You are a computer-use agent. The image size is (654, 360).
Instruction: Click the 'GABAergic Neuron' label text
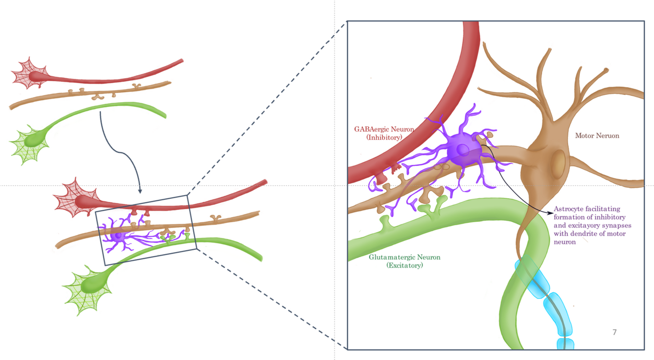click(x=384, y=129)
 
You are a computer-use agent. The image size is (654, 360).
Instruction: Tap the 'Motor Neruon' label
click(x=597, y=136)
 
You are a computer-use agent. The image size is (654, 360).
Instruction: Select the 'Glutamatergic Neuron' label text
click(x=405, y=257)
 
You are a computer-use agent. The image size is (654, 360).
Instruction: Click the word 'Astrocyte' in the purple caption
click(x=570, y=209)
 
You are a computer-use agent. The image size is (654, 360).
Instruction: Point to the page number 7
click(x=614, y=332)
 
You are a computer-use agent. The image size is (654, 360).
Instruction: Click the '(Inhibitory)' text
click(x=384, y=137)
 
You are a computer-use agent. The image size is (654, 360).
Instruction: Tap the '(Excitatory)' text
click(x=405, y=266)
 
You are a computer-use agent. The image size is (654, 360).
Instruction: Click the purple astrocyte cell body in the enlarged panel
click(x=463, y=151)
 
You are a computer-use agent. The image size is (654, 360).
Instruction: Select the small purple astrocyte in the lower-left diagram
click(x=118, y=236)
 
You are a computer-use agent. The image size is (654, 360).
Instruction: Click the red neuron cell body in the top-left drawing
click(x=34, y=76)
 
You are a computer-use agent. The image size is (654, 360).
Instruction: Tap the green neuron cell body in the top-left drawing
click(x=32, y=139)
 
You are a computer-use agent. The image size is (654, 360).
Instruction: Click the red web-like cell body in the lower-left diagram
click(x=78, y=201)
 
